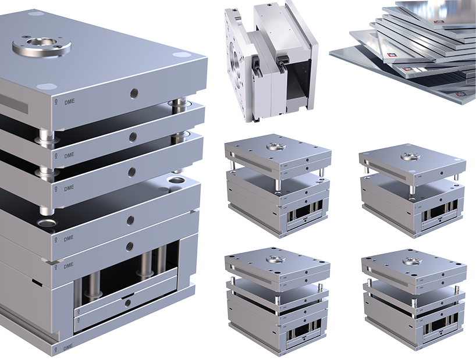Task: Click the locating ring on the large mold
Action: (42, 44)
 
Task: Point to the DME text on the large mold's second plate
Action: (69, 155)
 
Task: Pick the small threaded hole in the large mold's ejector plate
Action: (127, 303)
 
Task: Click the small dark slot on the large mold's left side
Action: (37, 283)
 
